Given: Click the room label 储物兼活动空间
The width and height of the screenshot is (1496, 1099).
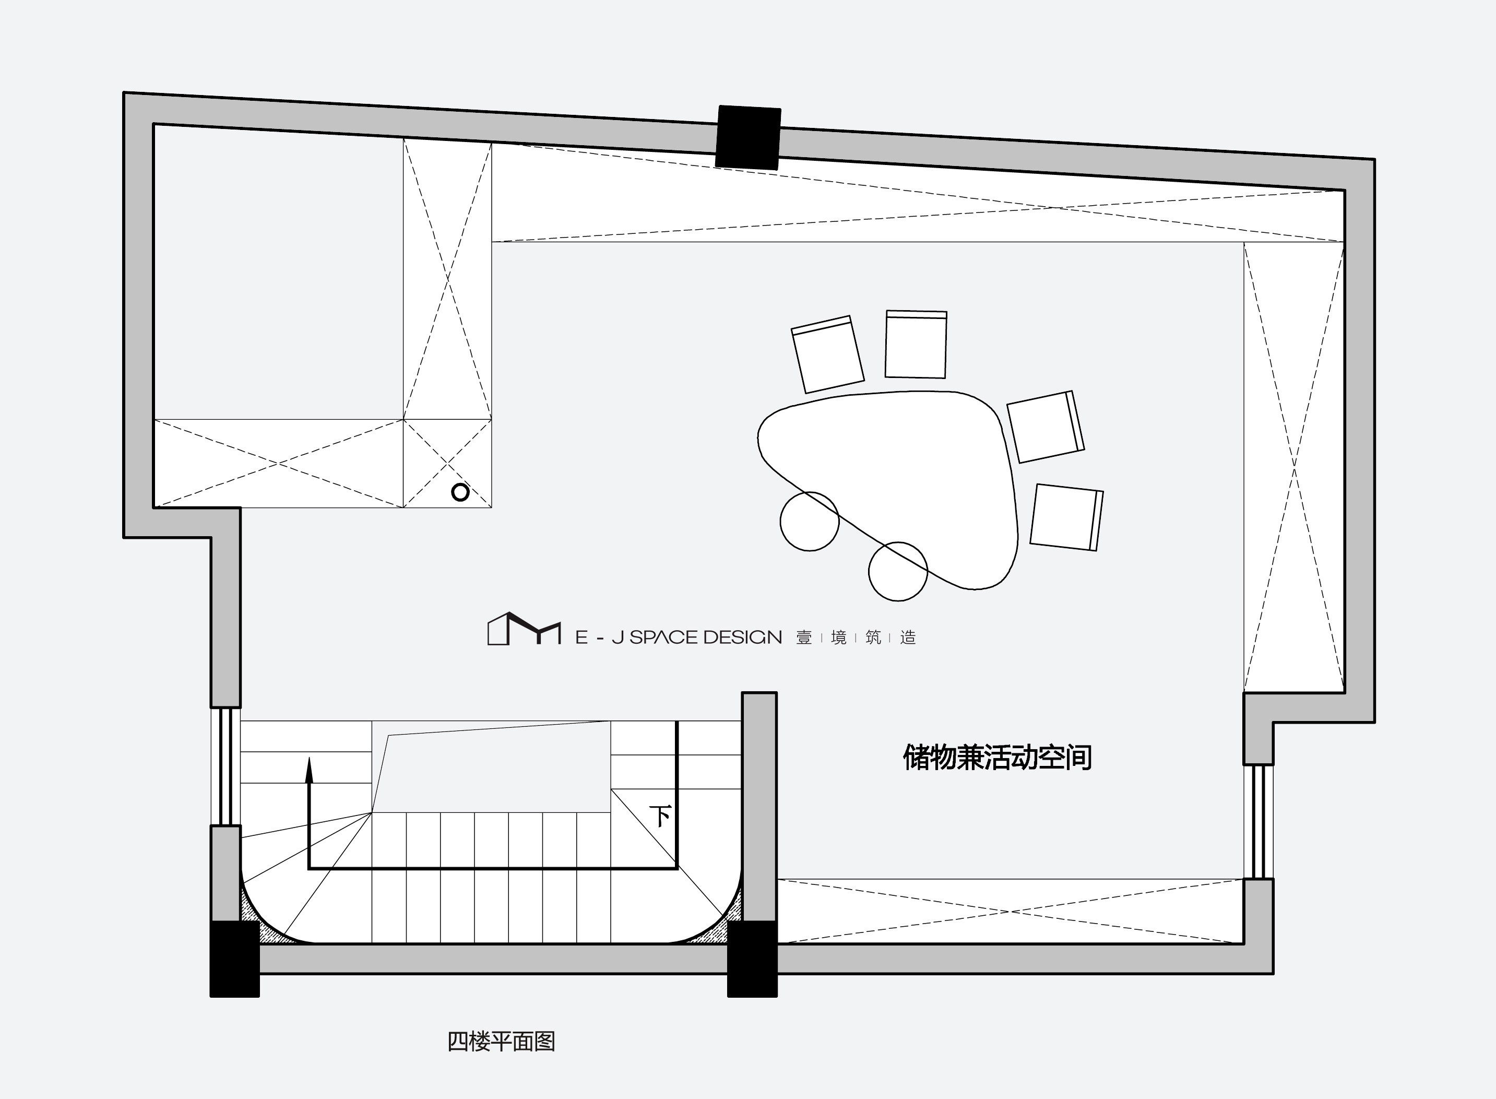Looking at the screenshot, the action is click(x=997, y=757).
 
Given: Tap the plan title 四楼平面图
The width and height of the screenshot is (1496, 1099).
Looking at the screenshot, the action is click(x=501, y=1041).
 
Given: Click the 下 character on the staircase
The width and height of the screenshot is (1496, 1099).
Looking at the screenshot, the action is click(x=660, y=816).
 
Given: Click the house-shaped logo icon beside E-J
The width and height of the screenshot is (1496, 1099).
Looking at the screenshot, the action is click(x=524, y=629).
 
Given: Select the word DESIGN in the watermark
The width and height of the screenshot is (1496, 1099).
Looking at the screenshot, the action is click(x=742, y=637).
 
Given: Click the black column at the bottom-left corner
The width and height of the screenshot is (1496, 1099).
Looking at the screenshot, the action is click(x=235, y=959).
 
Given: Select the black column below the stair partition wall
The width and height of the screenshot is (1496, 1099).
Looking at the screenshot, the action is click(x=752, y=959).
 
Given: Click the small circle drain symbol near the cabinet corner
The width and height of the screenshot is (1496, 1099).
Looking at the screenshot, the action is click(x=460, y=492).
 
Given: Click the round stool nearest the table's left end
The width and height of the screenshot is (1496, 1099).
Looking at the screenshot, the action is click(x=810, y=522).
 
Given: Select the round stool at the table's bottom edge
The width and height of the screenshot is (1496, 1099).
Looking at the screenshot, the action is click(x=898, y=572).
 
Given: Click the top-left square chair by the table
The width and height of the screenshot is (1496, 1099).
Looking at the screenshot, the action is click(x=827, y=354).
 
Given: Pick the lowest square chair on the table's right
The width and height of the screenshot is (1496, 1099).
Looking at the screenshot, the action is click(x=1066, y=517).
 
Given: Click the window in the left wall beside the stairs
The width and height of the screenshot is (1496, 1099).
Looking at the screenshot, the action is click(x=225, y=766).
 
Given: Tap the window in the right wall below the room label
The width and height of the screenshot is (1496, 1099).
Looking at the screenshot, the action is click(x=1258, y=822).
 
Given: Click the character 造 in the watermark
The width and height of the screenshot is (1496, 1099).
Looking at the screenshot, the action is click(x=908, y=637).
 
